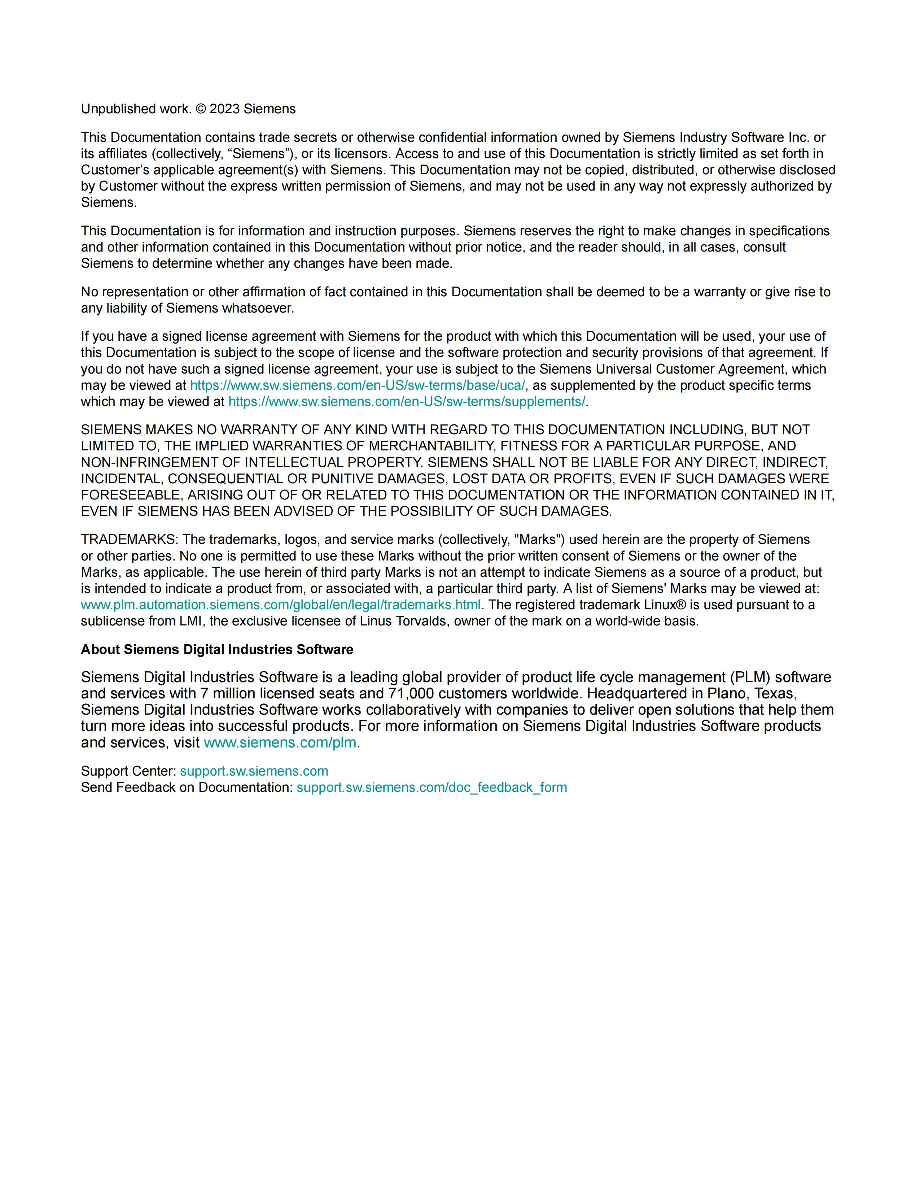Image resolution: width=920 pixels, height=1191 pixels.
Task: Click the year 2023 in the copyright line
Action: click(x=224, y=109)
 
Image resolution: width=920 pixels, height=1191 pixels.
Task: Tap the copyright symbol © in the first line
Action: click(x=201, y=109)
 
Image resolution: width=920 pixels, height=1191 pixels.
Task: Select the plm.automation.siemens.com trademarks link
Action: click(x=281, y=605)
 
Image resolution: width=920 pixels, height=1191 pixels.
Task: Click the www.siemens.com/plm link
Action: click(x=280, y=743)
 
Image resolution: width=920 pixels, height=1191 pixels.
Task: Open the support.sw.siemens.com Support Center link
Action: click(x=254, y=771)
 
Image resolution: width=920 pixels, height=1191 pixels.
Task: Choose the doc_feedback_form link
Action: click(x=431, y=788)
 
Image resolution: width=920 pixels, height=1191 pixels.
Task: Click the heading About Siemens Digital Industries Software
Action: click(x=217, y=650)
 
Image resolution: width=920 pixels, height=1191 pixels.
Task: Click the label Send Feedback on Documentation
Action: click(x=187, y=788)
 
